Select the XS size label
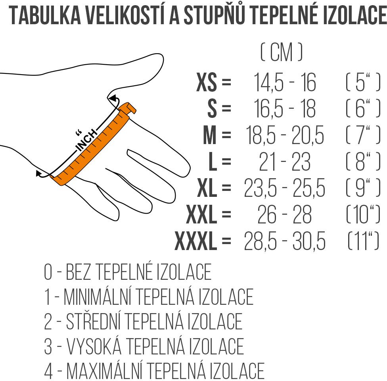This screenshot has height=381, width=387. point(207,82)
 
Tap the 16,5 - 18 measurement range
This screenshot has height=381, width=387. point(285,109)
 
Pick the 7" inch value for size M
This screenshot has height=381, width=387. point(363,135)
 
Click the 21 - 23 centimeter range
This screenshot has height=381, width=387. point(285,162)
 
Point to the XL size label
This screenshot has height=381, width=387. point(207,188)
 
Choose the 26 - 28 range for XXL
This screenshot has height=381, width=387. point(285,214)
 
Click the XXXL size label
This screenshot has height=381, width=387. point(196,241)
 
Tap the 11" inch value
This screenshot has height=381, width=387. point(363,241)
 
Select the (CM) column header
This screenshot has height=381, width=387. point(282,52)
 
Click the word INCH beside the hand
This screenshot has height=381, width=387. point(86,140)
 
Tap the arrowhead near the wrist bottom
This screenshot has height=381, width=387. point(38,173)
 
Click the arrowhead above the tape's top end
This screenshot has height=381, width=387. point(113,98)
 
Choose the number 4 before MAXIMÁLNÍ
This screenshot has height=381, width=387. point(48,371)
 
